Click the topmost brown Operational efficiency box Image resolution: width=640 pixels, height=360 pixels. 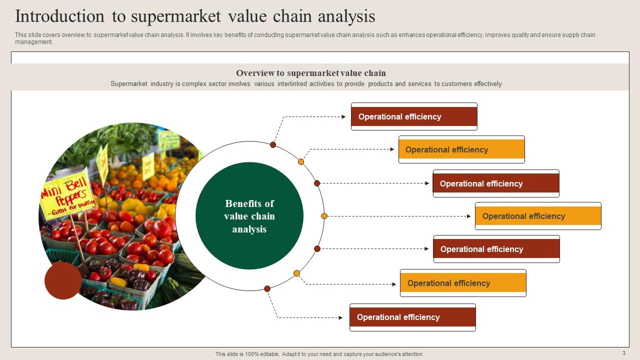(414, 116)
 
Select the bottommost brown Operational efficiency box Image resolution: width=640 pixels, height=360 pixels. (412, 317)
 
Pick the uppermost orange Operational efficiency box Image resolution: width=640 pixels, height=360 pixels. (461, 149)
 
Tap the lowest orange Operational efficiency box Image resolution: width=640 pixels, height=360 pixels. (463, 283)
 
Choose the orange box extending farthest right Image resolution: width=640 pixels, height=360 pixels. (538, 216)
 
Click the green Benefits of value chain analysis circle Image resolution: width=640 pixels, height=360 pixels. (249, 216)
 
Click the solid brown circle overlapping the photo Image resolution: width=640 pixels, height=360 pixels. (63, 280)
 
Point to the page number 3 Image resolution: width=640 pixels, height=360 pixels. (624, 353)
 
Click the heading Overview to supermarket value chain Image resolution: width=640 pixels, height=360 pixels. (311, 73)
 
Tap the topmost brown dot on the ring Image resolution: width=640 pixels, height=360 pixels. (273, 144)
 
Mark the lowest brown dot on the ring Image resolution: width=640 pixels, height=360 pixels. (267, 288)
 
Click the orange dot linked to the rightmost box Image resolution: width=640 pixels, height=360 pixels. (324, 216)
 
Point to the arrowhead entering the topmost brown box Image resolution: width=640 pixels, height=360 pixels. (343, 116)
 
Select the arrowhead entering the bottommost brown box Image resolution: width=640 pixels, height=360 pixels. (341, 317)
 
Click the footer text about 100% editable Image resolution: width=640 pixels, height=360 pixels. (319, 354)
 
